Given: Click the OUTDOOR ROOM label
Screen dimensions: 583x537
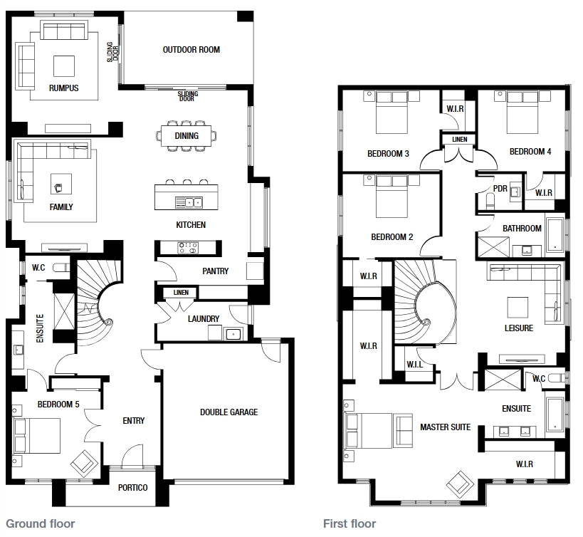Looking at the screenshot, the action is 191,49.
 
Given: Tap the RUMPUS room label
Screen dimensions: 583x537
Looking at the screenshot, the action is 63,88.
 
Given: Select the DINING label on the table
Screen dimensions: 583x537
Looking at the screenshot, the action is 187,136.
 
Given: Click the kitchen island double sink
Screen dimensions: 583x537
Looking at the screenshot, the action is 189,202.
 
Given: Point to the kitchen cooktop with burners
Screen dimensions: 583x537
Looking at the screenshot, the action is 188,248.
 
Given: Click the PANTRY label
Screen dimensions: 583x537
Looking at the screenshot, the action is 215,271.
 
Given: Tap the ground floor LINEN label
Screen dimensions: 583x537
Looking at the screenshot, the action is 181,293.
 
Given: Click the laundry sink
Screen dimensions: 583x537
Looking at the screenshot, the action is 233,334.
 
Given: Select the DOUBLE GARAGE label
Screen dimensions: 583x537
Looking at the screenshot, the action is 229,412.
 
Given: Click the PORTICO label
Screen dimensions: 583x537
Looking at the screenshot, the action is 132,488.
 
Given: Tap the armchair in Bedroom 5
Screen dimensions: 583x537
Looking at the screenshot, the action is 85,464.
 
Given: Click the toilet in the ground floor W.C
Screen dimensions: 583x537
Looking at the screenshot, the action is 61,267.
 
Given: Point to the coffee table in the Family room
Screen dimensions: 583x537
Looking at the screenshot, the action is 61,184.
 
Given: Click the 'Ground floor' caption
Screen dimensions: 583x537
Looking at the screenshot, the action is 41,524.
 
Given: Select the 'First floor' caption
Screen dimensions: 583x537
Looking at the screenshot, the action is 350,524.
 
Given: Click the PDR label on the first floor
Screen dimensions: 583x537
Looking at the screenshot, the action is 500,189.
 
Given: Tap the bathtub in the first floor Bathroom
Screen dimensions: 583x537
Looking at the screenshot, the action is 555,234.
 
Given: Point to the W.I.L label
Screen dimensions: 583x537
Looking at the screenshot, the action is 414,365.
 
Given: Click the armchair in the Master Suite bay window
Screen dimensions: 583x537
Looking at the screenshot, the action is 461,484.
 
